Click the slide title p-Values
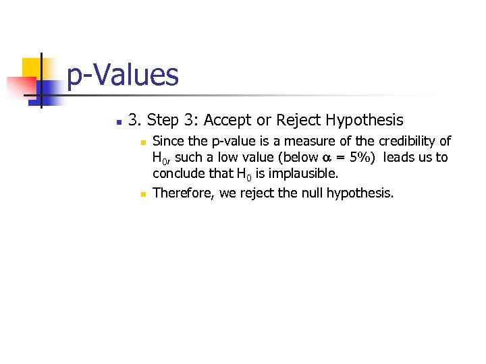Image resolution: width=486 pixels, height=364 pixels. (123, 75)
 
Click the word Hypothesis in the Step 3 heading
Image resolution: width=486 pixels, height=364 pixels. (364, 121)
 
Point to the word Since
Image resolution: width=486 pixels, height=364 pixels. (168, 142)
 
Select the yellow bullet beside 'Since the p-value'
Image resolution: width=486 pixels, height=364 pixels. (142, 142)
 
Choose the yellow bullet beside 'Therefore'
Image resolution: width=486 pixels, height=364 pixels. (142, 194)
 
